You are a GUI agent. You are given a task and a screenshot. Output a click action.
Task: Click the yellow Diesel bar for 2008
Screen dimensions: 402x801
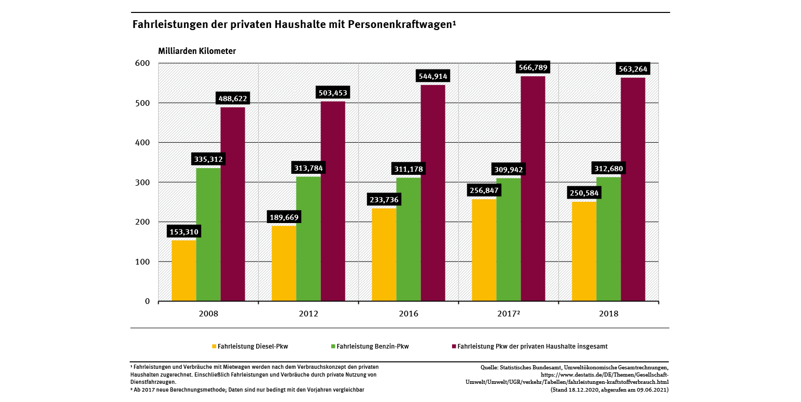click(x=184, y=270)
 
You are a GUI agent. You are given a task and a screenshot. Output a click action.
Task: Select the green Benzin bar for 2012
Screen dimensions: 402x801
click(x=308, y=239)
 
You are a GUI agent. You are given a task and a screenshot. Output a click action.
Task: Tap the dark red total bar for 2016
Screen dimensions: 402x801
click(x=433, y=193)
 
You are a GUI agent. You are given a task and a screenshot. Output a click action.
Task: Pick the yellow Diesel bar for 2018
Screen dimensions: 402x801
click(x=584, y=251)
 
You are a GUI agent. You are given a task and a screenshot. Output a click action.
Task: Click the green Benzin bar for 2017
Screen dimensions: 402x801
click(x=509, y=239)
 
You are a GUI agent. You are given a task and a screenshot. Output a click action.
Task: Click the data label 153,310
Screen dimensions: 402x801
click(x=183, y=231)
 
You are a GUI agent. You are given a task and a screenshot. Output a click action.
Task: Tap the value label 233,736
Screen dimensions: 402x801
click(x=384, y=199)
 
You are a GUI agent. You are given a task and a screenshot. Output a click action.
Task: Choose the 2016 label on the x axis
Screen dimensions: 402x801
click(x=409, y=314)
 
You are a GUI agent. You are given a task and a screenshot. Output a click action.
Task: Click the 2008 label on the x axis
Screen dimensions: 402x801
click(x=208, y=314)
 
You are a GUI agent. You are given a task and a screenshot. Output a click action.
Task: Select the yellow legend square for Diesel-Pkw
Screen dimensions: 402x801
click(x=213, y=346)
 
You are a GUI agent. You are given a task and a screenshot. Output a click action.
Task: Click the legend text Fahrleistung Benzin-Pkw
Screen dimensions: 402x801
click(x=373, y=346)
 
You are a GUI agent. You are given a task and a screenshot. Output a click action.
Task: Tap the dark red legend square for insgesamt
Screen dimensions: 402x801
click(x=454, y=346)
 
